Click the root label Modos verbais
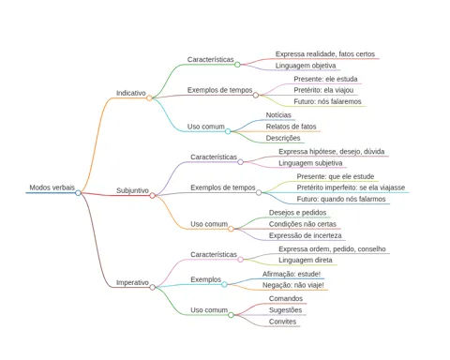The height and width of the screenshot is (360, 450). click(52, 187)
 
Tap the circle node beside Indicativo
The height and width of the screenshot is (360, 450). click(149, 98)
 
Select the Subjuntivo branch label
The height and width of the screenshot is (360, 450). click(132, 190)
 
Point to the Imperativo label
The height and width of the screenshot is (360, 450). click(132, 282)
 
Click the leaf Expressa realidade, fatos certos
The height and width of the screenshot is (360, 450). click(325, 54)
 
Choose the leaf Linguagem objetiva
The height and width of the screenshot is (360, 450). click(306, 66)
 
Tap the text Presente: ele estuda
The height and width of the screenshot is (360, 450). click(325, 79)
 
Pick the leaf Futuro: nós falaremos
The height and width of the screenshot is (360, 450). click(327, 101)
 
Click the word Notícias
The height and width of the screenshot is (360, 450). click(278, 115)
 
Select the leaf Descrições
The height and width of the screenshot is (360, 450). click(283, 138)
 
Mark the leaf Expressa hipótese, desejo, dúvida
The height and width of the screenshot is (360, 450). click(332, 152)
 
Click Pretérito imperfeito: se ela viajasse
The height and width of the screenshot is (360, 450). click(351, 187)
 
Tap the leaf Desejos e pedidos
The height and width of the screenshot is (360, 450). click(297, 213)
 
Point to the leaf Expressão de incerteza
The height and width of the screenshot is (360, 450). click(306, 235)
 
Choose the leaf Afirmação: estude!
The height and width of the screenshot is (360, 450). click(292, 274)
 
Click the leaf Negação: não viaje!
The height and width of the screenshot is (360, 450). click(293, 285)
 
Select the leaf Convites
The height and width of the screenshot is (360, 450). click(282, 322)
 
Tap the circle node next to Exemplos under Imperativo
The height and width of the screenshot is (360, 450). click(224, 284)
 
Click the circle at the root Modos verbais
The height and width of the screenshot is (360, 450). click(78, 193)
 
